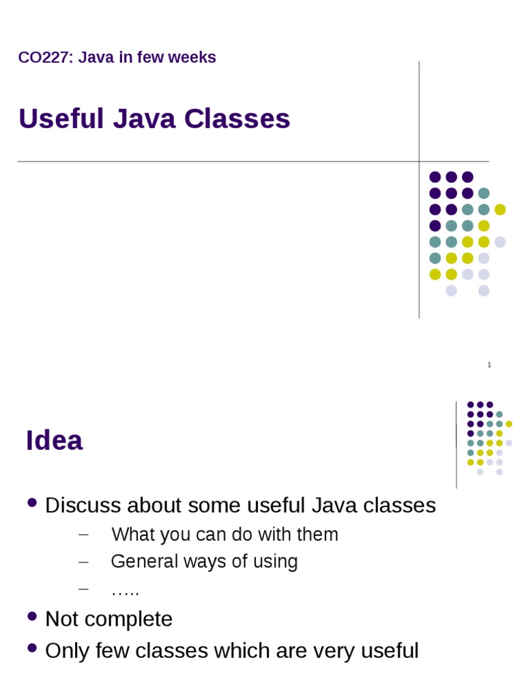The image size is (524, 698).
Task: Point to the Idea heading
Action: (x=54, y=440)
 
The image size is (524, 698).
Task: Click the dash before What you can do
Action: (x=84, y=534)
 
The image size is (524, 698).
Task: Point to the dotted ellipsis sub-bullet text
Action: (x=125, y=590)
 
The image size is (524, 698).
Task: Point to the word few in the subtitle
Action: (x=150, y=57)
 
